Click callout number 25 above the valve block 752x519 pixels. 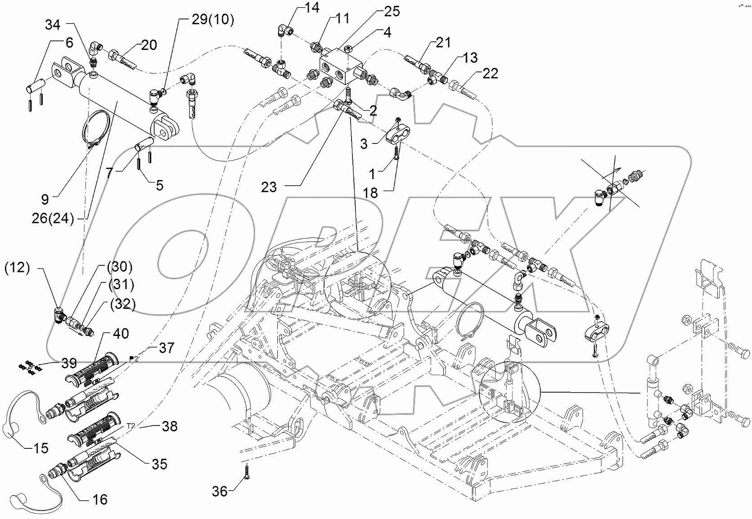point(392,11)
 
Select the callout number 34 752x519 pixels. point(53,25)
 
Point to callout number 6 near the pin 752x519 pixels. point(69,43)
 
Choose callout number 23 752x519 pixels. point(269,187)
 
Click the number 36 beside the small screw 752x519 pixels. point(220,492)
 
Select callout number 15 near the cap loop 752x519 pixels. point(40,448)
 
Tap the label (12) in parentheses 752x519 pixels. point(17,268)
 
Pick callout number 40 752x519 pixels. point(120,334)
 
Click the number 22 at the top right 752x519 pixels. point(490,73)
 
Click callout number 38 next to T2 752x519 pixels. point(169,426)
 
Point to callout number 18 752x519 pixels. point(371,193)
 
